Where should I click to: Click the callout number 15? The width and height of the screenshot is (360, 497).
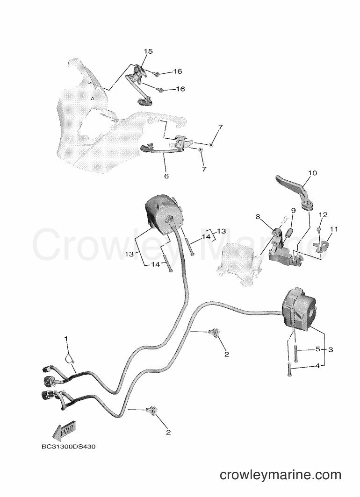click(x=148, y=51)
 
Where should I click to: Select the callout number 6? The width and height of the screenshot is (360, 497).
click(x=166, y=176)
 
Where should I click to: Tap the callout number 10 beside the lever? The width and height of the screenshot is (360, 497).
click(x=312, y=173)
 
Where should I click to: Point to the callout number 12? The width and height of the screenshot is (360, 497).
click(x=323, y=215)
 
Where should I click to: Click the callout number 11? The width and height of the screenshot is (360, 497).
click(x=334, y=229)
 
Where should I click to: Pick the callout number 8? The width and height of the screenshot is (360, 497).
click(x=258, y=217)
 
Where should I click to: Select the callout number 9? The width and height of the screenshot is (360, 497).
click(x=294, y=210)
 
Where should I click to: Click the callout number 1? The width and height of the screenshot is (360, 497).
click(x=66, y=339)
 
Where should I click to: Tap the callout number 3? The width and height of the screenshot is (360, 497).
click(x=331, y=349)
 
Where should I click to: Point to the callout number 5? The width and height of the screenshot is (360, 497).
click(x=318, y=349)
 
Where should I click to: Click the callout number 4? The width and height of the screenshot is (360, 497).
click(x=317, y=365)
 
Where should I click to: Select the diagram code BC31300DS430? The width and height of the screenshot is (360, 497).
click(x=68, y=447)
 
